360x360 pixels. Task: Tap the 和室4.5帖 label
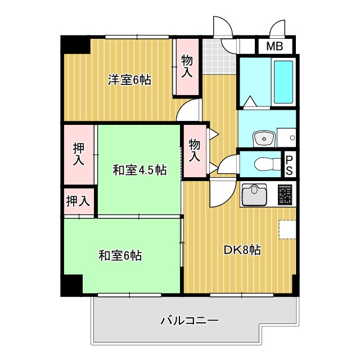(139, 170)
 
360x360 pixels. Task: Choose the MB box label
(274, 47)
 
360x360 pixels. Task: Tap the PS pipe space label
(289, 165)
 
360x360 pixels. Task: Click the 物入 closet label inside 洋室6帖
(187, 66)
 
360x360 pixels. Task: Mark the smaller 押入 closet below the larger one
(78, 200)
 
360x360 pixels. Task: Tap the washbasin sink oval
(263, 137)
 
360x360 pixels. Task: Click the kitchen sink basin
(254, 195)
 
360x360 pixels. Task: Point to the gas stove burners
(285, 195)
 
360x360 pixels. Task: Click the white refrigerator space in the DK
(287, 229)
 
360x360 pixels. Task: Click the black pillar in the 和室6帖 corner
(71, 285)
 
